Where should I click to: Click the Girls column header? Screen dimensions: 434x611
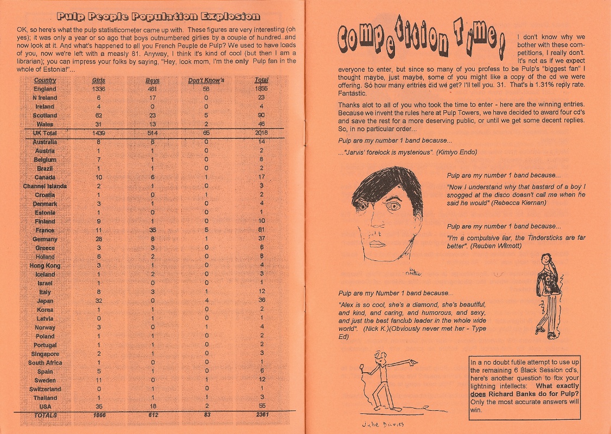(98, 80)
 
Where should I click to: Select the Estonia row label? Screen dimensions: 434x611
(44, 213)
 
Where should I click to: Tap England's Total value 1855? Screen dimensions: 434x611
(261, 89)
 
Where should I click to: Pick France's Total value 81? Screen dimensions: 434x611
(261, 231)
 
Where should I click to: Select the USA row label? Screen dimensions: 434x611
(45, 406)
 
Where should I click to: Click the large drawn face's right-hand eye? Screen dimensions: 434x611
(394, 207)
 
